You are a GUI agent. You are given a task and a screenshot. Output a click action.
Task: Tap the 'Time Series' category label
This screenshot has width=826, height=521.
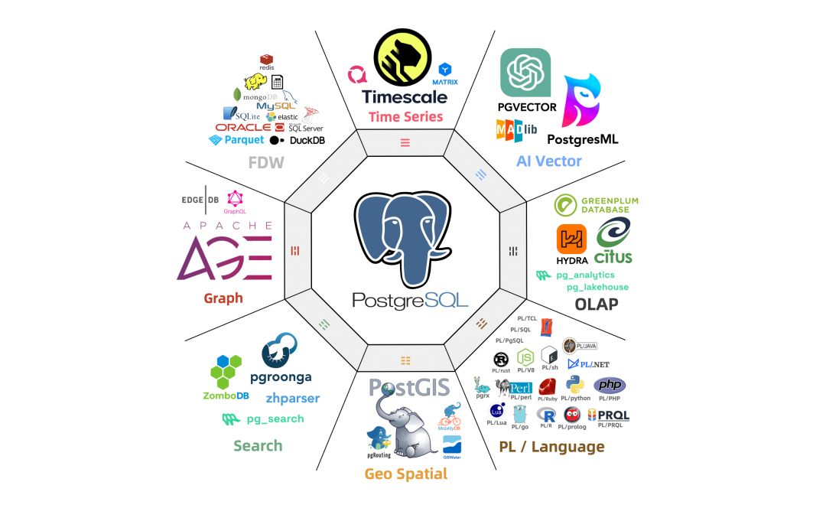405,117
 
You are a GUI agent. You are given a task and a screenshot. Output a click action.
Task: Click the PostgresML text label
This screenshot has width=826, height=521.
582,139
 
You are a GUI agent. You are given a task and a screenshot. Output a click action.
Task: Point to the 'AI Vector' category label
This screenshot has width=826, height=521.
548,161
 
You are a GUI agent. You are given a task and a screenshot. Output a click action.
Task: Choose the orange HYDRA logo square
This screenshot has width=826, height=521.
571,239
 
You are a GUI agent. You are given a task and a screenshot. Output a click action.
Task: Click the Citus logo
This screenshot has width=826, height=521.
614,240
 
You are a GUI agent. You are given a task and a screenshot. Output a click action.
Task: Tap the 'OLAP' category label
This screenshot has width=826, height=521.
597,304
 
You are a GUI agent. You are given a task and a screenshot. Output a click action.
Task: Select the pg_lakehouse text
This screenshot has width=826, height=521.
597,287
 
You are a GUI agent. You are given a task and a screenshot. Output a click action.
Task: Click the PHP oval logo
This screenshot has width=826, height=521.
610,385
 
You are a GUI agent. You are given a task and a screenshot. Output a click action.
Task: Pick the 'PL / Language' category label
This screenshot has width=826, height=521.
551,447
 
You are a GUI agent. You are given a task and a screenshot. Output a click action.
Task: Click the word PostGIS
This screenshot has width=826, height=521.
408,387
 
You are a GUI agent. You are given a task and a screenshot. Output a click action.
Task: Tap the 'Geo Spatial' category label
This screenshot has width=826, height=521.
405,474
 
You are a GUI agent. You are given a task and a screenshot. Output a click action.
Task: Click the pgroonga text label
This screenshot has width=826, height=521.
281,377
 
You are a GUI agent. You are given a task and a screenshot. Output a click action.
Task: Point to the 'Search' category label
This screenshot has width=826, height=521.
258,446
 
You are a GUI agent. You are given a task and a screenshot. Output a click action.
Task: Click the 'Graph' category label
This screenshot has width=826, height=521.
223,298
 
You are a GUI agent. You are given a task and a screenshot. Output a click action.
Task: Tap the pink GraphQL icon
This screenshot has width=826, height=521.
234,198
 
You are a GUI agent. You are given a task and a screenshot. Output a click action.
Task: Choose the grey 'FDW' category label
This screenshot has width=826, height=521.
265,162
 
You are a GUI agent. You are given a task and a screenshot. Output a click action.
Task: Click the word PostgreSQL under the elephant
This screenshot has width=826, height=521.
410,299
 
